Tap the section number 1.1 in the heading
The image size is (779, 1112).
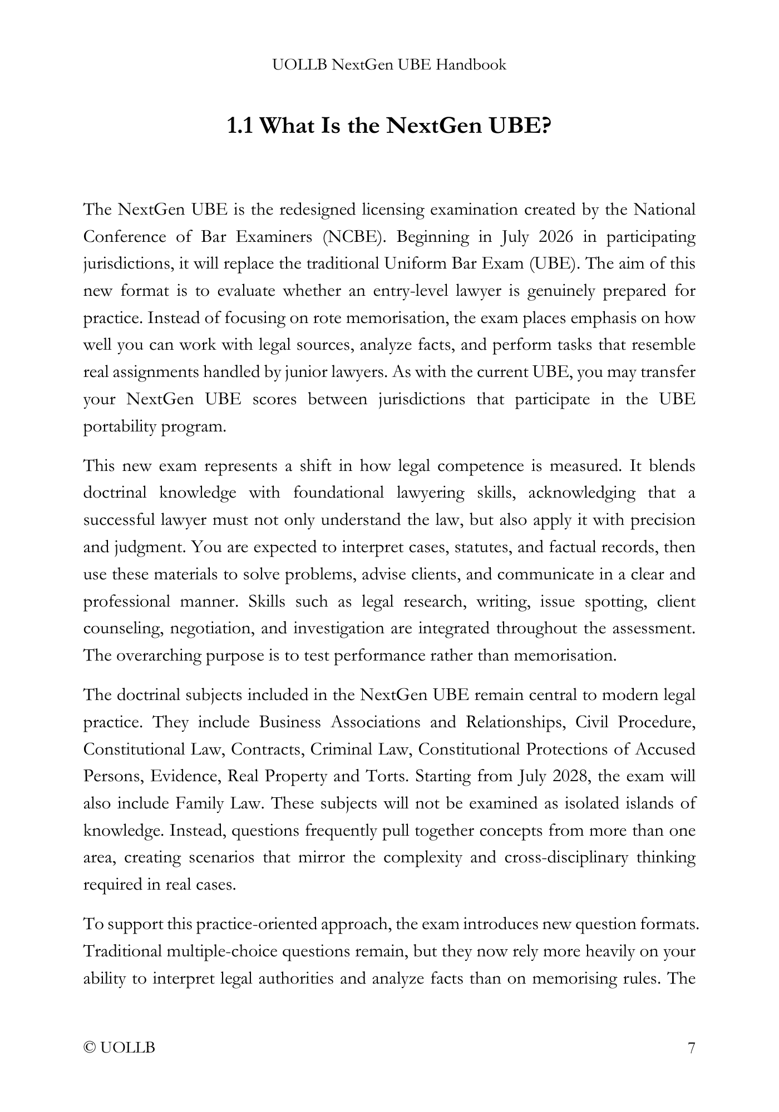pyautogui.click(x=240, y=126)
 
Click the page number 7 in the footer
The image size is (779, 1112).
pyautogui.click(x=691, y=1048)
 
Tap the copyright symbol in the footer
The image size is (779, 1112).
pyautogui.click(x=89, y=1048)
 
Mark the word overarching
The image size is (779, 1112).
pyautogui.click(x=159, y=656)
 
